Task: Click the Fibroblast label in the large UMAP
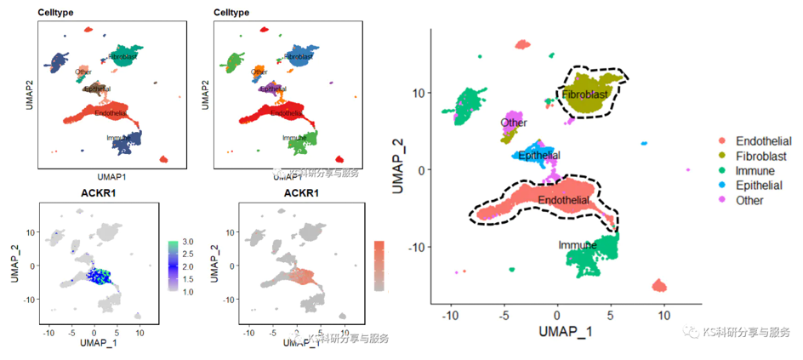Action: pos(585,95)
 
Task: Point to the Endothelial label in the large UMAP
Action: pos(563,201)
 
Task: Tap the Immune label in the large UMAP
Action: pos(578,245)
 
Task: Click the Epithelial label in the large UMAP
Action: pos(539,156)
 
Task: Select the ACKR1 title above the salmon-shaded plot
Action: pos(302,194)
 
